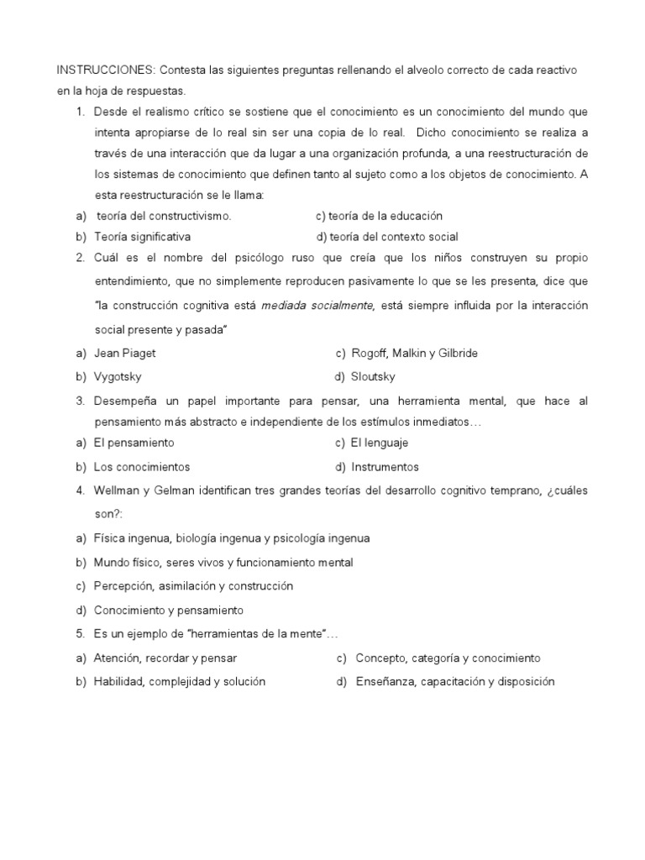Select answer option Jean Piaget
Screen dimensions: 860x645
click(x=125, y=354)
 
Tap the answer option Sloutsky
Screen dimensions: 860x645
click(x=373, y=377)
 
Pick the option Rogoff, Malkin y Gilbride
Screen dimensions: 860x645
click(x=414, y=354)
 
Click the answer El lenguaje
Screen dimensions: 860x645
click(x=380, y=443)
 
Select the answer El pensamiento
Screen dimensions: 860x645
click(x=134, y=443)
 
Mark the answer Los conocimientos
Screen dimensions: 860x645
click(x=142, y=467)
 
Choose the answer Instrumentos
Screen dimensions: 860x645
click(x=385, y=467)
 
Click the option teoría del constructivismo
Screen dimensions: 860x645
click(x=164, y=216)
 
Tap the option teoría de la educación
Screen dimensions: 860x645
click(x=379, y=216)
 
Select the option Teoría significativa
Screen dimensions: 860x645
click(x=142, y=237)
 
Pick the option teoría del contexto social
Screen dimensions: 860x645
click(x=387, y=237)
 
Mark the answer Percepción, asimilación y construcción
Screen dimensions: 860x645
click(x=193, y=586)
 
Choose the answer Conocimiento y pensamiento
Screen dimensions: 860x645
click(x=168, y=611)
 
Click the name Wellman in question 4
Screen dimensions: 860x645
click(x=116, y=490)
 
